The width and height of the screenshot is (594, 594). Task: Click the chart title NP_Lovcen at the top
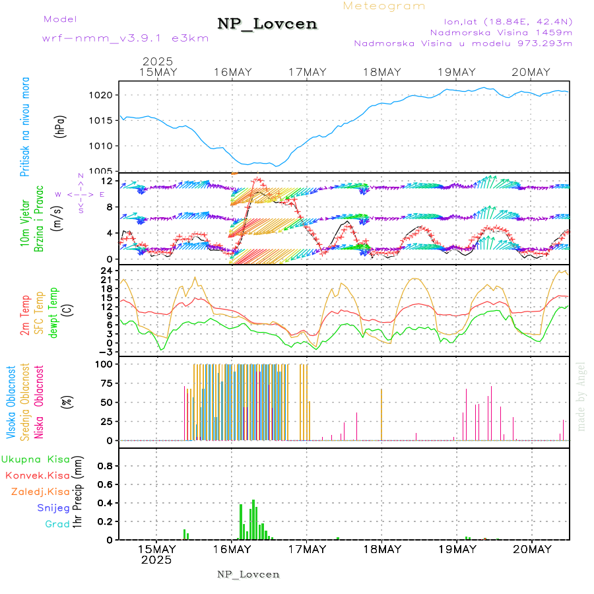pos(267,24)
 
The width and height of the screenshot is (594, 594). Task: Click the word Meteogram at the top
pos(385,6)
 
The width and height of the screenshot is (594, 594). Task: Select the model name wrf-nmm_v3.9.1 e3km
pos(125,38)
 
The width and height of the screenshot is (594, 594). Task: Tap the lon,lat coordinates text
pos(500,20)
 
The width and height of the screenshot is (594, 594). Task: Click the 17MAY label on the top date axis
pos(307,72)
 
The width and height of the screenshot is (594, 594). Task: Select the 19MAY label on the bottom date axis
pos(456,549)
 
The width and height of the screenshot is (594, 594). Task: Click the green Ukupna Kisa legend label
pos(35,459)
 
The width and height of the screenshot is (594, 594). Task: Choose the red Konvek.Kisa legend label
pos(37,475)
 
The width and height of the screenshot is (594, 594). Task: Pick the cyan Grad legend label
pos(57,525)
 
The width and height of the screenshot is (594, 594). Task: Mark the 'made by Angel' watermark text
pos(581,396)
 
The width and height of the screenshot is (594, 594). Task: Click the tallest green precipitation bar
pos(253,520)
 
